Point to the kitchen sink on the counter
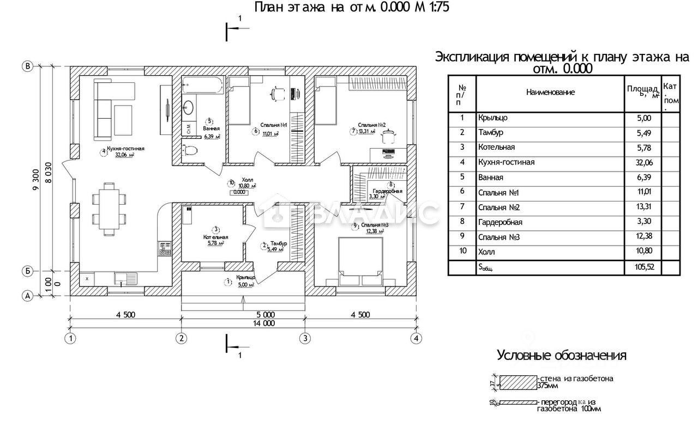[x=125, y=278]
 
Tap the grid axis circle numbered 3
[x=305, y=338]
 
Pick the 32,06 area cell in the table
[x=643, y=162]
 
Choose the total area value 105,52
[x=643, y=267]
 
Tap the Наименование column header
[x=550, y=93]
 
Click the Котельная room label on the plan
[x=215, y=237]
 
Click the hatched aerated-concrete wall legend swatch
[x=518, y=382]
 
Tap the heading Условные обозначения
[x=561, y=356]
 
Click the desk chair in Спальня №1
[x=277, y=94]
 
